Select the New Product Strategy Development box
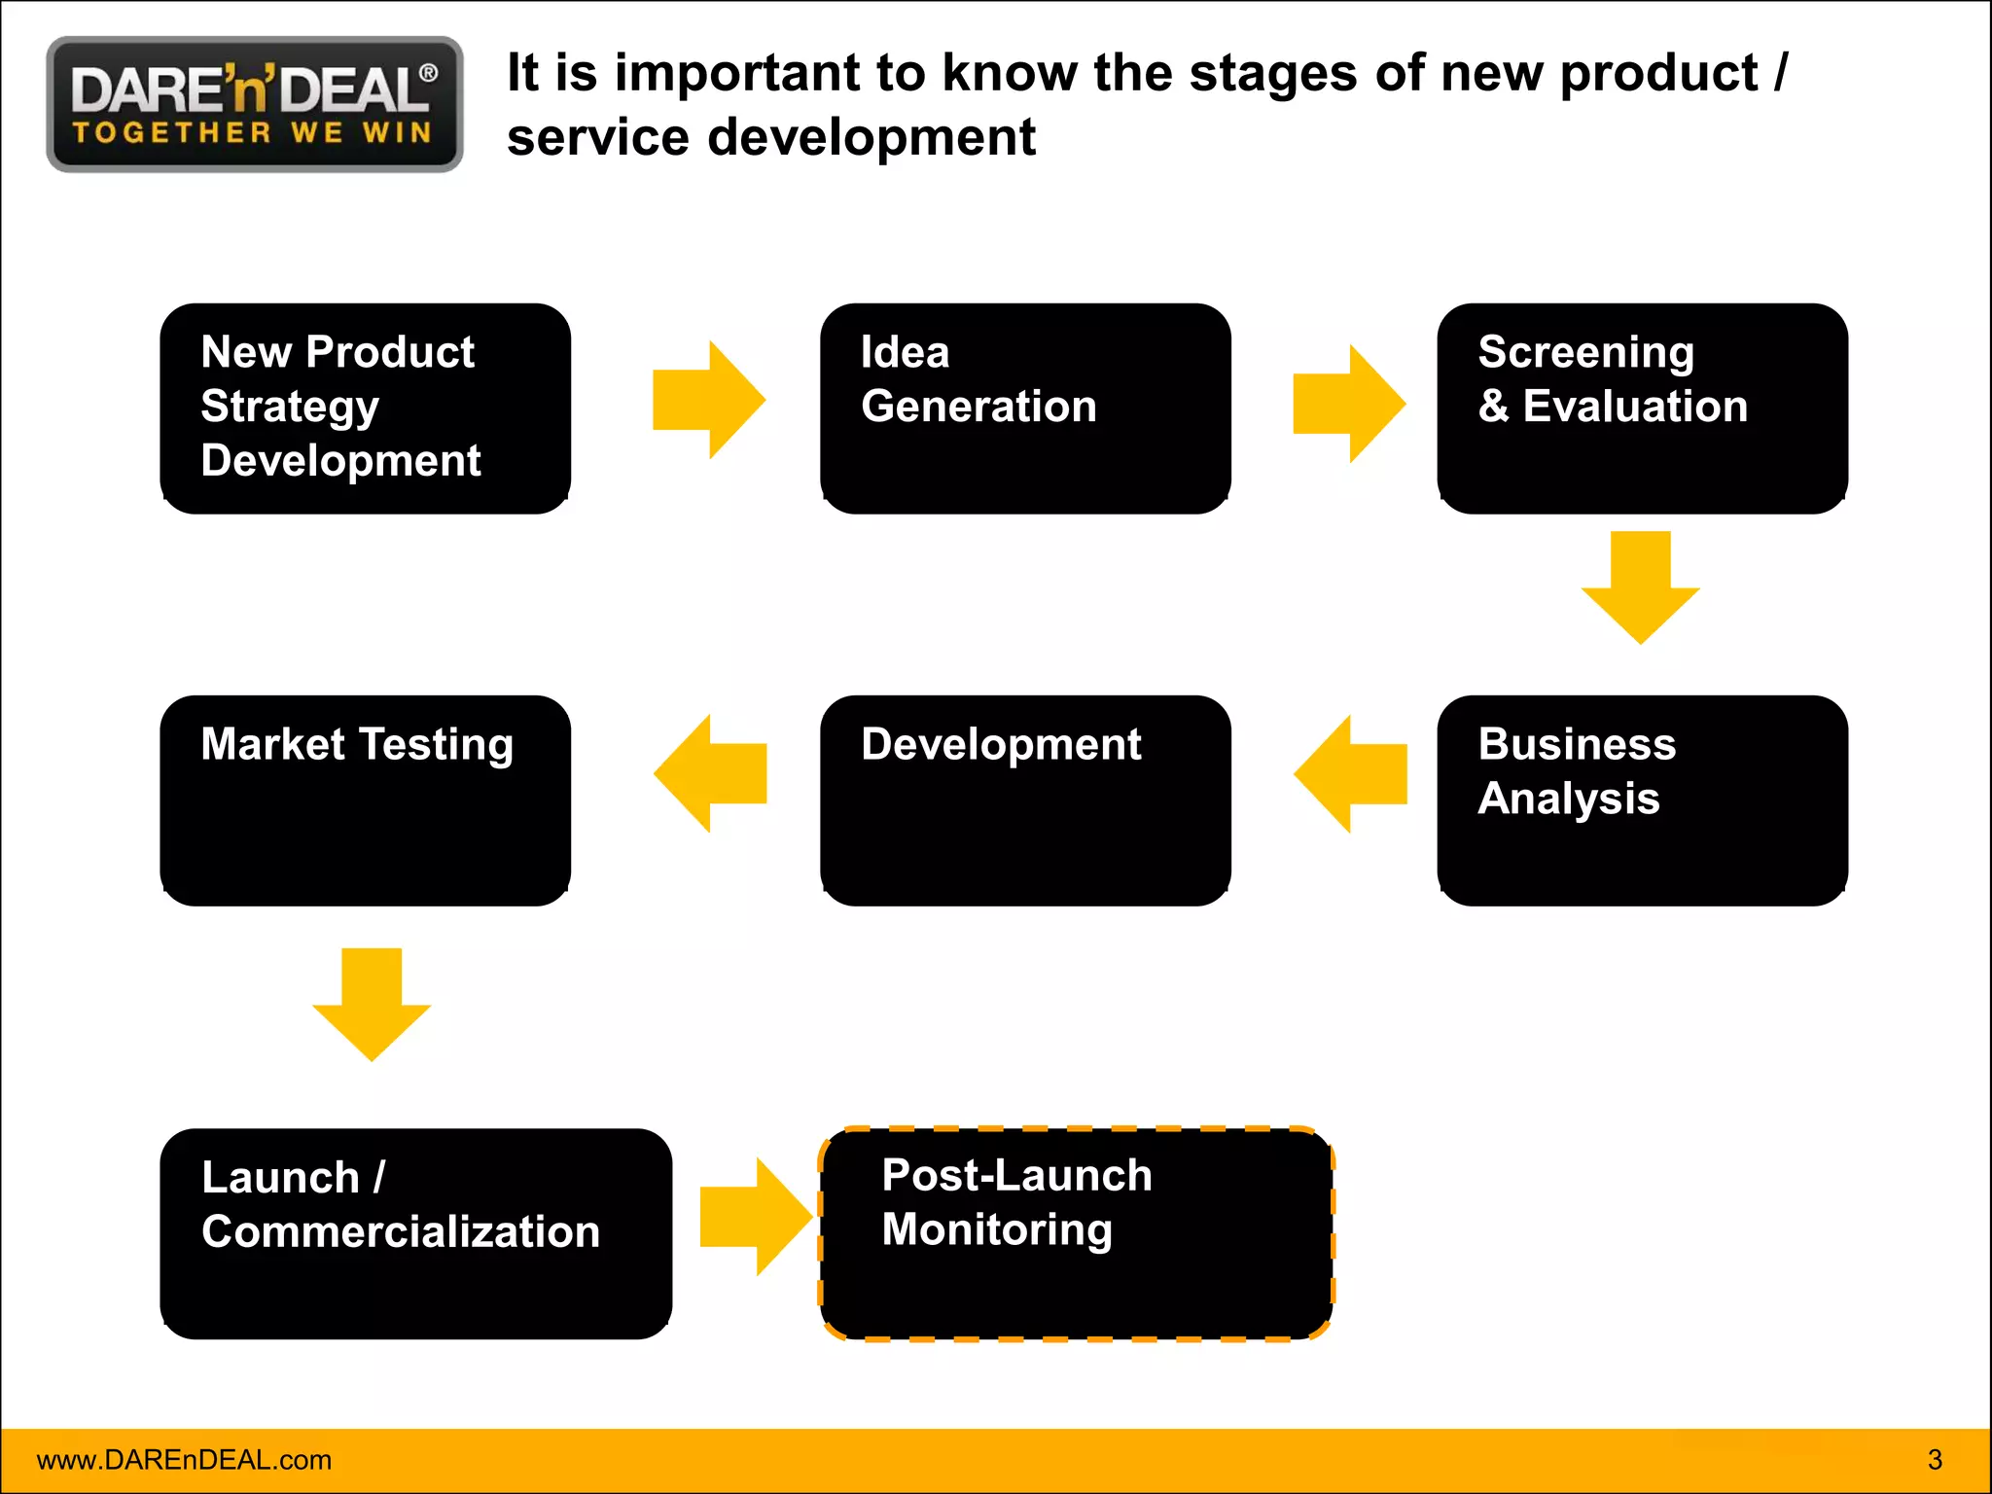click(x=365, y=409)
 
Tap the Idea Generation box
click(x=1025, y=409)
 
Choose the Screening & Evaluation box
click(x=1642, y=409)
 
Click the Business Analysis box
click(x=1642, y=800)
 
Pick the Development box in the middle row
click(x=1025, y=800)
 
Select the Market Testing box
click(x=365, y=800)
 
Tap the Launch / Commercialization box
click(x=415, y=1233)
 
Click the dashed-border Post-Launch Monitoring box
click(x=1076, y=1233)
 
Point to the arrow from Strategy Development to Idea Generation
click(x=709, y=400)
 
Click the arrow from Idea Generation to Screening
click(x=1349, y=404)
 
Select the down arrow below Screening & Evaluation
click(x=1640, y=586)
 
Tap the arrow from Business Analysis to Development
click(x=1350, y=774)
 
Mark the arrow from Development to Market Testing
click(x=710, y=773)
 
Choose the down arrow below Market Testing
click(x=372, y=1003)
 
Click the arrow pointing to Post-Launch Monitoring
click(x=756, y=1217)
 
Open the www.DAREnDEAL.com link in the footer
click(x=184, y=1460)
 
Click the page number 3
click(x=1935, y=1460)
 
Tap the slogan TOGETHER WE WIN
click(x=253, y=133)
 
